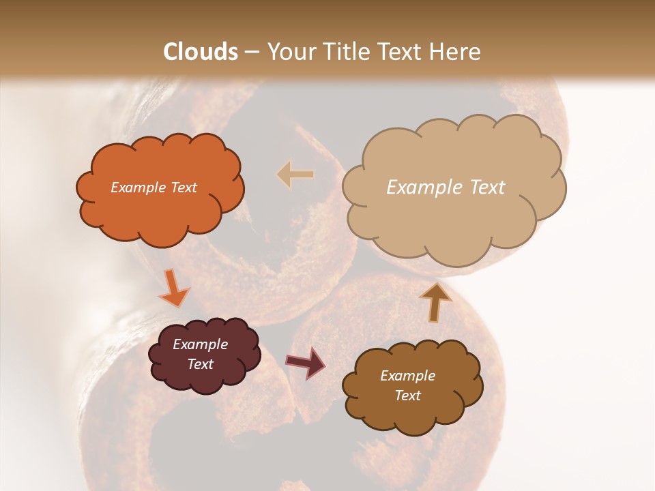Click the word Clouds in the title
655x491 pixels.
point(201,52)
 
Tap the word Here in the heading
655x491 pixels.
point(455,52)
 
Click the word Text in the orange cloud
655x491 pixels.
point(184,188)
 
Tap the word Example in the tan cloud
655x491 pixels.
point(424,188)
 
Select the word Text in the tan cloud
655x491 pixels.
point(486,188)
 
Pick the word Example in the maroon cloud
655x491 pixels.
point(201,344)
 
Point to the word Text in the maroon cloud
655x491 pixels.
point(201,364)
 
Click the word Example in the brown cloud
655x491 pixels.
point(407,376)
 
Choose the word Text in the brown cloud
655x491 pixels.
point(407,396)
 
